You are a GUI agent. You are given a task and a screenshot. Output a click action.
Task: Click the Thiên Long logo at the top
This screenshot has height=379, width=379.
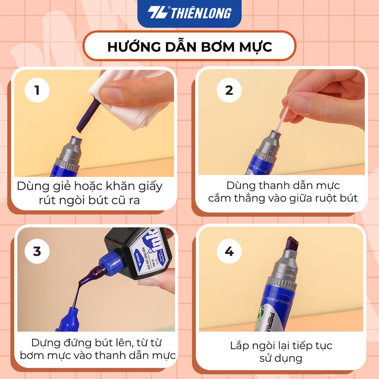point(189,13)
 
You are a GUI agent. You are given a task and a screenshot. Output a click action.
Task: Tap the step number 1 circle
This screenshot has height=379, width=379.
point(37,90)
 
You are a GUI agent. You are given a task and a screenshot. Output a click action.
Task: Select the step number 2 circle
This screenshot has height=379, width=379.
point(229,90)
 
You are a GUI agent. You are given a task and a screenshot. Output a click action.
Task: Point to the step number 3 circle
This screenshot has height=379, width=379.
point(37,251)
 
